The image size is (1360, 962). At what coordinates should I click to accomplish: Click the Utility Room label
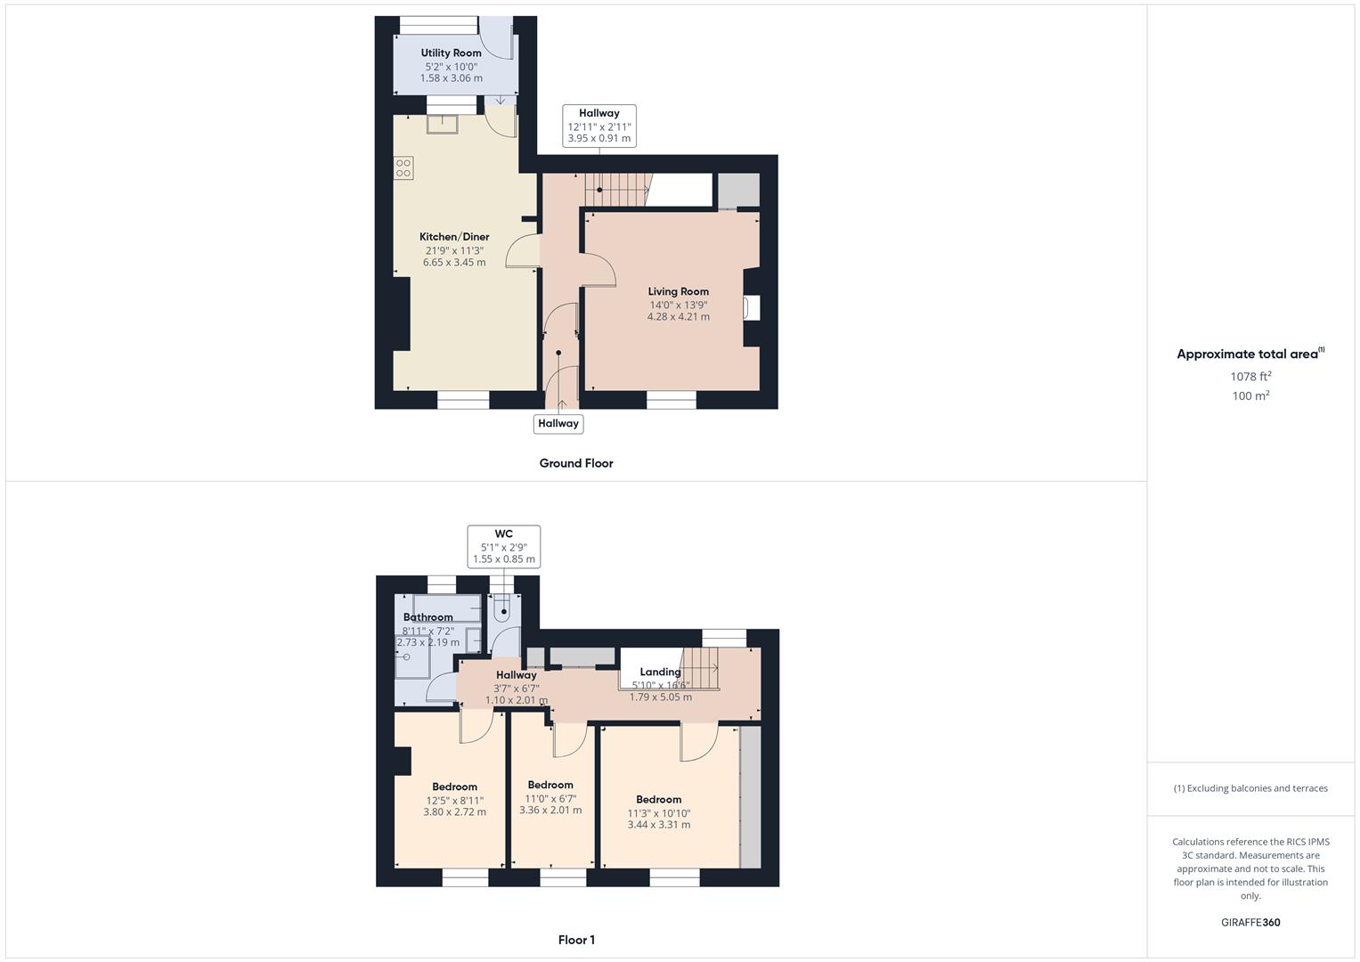[x=451, y=53]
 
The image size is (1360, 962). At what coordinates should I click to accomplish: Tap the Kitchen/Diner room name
[x=454, y=237]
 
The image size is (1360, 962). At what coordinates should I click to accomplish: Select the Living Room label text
[x=678, y=291]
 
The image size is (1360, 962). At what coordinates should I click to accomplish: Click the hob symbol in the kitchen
[x=404, y=167]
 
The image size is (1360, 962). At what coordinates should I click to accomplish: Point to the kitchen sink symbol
[x=442, y=124]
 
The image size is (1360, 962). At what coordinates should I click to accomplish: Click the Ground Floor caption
[x=576, y=463]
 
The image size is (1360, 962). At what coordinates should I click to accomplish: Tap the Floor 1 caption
[x=576, y=940]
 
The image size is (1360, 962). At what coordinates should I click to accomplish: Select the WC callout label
[x=504, y=534]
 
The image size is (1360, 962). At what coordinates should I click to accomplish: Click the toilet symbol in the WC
[x=503, y=610]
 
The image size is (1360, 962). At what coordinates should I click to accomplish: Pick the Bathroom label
[x=428, y=617]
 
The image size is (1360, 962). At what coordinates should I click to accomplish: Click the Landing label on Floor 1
[x=660, y=673]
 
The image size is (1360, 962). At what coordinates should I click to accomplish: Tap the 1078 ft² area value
[x=1250, y=377]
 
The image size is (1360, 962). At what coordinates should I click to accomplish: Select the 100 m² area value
[x=1250, y=396]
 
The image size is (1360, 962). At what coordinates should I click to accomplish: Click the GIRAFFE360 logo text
[x=1250, y=923]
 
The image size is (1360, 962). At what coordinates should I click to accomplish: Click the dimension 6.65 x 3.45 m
[x=454, y=263]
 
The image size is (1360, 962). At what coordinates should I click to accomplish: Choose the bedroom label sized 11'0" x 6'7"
[x=550, y=786]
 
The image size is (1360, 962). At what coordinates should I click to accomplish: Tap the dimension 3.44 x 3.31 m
[x=659, y=825]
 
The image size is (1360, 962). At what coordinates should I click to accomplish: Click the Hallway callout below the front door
[x=558, y=424]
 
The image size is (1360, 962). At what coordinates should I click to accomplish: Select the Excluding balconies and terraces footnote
[x=1250, y=788]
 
